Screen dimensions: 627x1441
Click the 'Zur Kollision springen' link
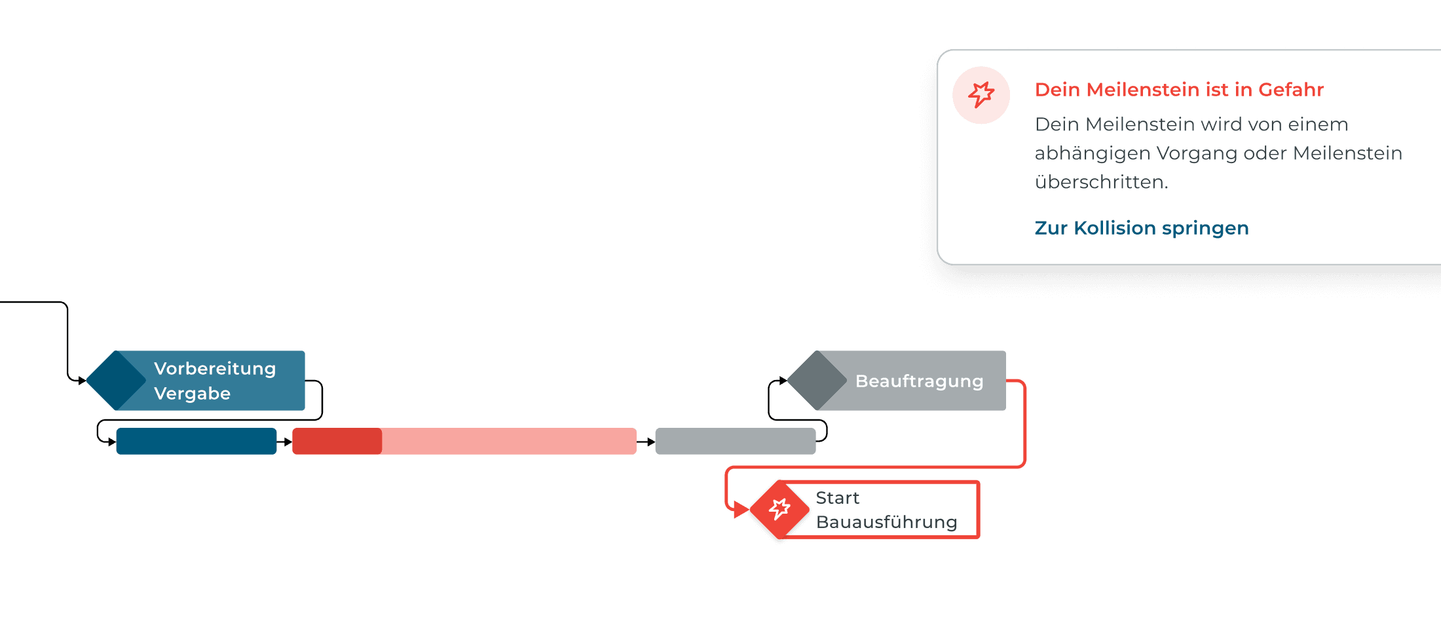click(1141, 228)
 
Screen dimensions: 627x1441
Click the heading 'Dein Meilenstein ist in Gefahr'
click(1179, 90)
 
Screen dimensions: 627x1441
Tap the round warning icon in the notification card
click(981, 95)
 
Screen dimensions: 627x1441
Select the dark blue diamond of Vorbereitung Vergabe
click(116, 381)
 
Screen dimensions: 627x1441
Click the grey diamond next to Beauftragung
click(817, 381)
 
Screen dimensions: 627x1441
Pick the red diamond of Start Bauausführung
click(779, 509)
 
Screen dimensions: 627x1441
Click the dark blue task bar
click(196, 442)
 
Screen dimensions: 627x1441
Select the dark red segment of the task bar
click(337, 442)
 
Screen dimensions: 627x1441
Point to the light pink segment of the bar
click(508, 442)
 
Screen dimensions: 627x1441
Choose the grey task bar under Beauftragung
click(735, 442)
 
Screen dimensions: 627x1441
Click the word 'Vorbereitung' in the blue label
click(215, 369)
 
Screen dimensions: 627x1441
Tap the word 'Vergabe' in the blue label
click(192, 394)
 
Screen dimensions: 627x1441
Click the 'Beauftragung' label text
click(919, 381)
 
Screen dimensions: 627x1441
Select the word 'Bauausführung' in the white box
click(886, 522)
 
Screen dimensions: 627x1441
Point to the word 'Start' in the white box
click(837, 498)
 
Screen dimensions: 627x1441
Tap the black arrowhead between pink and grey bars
click(650, 442)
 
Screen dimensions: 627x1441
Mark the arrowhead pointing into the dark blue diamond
click(82, 381)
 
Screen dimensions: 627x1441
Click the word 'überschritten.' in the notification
click(1101, 182)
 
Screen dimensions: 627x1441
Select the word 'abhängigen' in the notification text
click(1092, 153)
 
